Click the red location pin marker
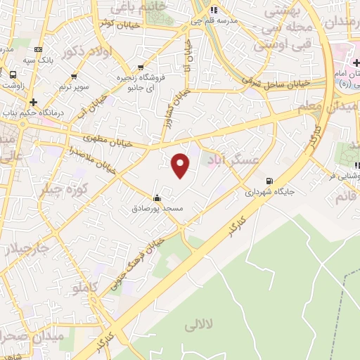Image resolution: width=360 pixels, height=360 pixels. click(181, 165)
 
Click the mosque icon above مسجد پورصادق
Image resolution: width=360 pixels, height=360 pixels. click(156, 198)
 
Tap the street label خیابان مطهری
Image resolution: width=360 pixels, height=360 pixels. click(105, 140)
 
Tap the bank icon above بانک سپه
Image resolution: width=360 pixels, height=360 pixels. click(38, 50)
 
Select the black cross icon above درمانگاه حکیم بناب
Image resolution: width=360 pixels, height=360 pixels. click(33, 102)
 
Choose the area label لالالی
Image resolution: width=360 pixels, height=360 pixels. click(199, 326)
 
